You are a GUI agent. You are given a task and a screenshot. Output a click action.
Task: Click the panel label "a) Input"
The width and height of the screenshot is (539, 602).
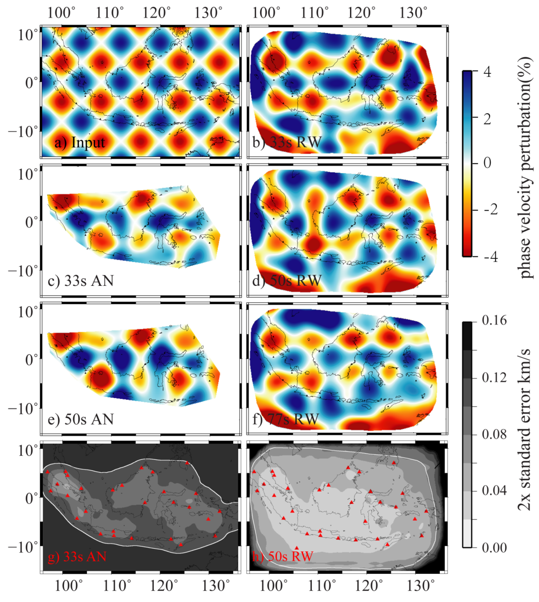tap(79, 143)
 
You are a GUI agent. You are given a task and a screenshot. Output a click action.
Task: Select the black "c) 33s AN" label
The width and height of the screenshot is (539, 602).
tap(81, 281)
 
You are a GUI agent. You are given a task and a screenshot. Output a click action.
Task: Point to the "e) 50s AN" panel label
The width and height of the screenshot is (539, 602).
tap(81, 419)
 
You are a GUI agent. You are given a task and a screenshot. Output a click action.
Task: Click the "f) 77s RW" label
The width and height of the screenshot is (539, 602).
tap(285, 419)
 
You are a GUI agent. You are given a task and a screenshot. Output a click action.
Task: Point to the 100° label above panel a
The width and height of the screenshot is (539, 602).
tap(61, 13)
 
